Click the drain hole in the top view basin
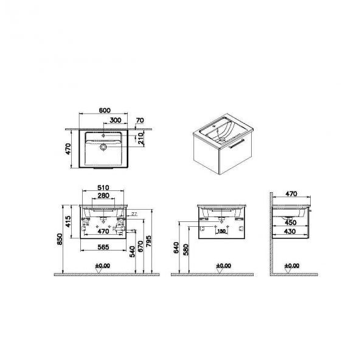[103, 147]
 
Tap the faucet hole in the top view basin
[103, 133]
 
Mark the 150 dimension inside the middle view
[223, 232]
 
